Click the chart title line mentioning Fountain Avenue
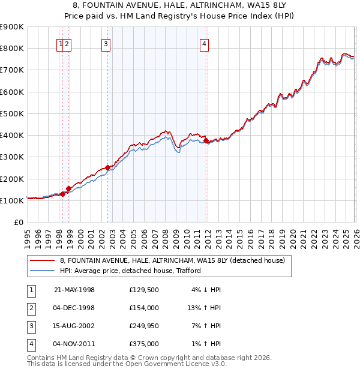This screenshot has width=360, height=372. tap(179, 5)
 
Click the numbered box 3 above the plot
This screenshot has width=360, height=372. tap(106, 43)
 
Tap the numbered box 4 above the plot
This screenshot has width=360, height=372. tap(204, 43)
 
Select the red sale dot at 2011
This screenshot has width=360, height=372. tap(206, 141)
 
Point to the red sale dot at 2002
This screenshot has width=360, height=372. tap(108, 168)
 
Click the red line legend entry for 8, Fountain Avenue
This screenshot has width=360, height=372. tap(167, 260)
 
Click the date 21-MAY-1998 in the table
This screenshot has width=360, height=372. tap(74, 290)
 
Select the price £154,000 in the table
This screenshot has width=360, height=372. tap(143, 308)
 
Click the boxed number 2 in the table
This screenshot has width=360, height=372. tap(29, 308)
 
